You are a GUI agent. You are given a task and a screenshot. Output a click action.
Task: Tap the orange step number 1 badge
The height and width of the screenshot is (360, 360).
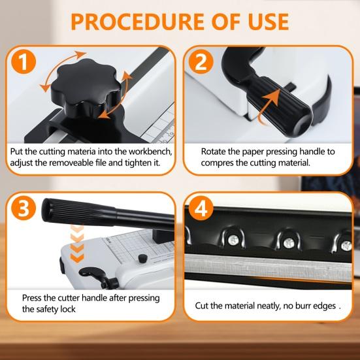(22, 63)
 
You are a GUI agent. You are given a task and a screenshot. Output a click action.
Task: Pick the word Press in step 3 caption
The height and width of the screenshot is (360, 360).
(33, 299)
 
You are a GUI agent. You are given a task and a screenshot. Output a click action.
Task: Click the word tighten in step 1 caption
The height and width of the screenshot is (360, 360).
(139, 162)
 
